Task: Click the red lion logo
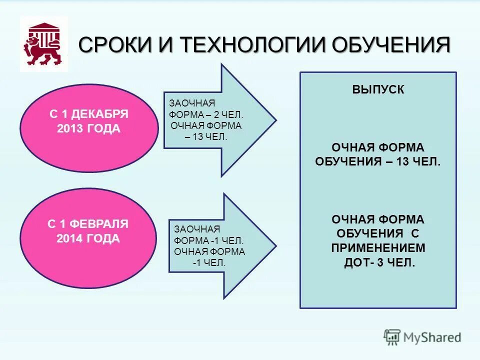43,44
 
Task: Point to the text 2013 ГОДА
89,128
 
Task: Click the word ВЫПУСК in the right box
378,90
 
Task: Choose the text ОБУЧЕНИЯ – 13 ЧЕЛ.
378,162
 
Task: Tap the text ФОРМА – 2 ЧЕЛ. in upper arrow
206,114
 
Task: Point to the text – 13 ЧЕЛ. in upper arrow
206,137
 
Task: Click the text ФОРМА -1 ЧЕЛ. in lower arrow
209,240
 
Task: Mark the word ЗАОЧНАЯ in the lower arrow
197,229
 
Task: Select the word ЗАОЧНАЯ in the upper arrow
192,103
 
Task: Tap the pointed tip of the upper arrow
274,120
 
